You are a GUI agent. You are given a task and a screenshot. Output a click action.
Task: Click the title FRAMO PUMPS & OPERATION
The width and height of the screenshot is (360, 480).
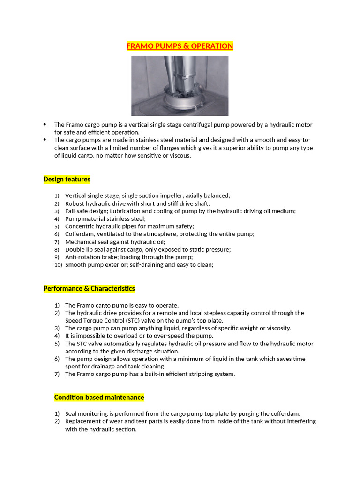coord(180,46)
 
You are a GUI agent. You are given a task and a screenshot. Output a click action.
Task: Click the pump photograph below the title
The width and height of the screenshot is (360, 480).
coord(180,86)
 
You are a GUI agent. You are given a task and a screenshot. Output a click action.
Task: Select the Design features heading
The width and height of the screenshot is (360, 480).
coord(67,179)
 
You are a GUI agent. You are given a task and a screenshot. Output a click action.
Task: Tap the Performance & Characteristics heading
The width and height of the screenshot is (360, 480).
coord(89,288)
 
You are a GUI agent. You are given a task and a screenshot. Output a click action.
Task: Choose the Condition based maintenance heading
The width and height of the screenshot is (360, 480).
coord(99,397)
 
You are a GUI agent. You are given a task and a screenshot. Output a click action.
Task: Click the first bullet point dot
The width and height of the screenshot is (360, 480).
coord(45,124)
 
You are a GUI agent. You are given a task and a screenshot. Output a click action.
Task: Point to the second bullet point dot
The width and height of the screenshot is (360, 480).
coord(45,140)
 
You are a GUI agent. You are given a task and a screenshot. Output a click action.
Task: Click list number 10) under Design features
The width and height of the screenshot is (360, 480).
coord(58,265)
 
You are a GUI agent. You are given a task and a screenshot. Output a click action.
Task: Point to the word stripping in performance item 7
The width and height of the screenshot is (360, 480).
coord(196,374)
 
